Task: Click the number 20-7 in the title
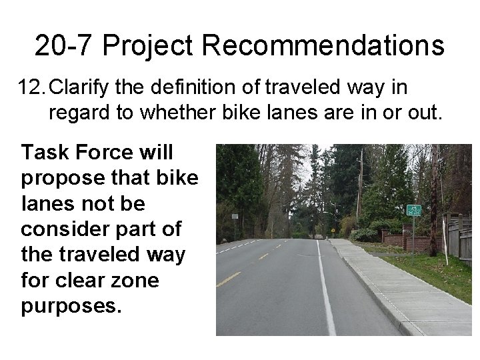tap(64, 46)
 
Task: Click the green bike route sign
tap(413, 210)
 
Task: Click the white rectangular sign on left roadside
tap(234, 217)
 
